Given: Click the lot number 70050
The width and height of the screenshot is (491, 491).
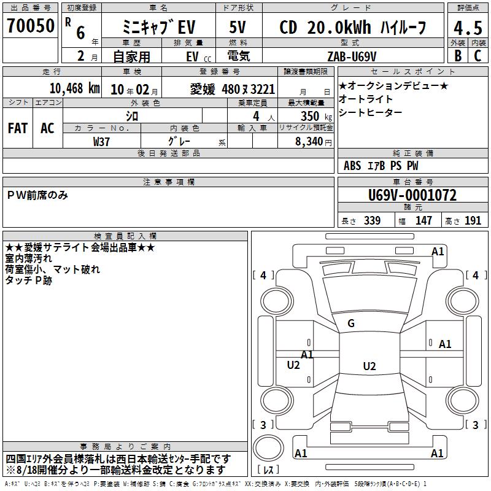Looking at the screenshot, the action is click(30, 26).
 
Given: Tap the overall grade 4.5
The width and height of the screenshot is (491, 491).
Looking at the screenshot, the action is click(468, 28).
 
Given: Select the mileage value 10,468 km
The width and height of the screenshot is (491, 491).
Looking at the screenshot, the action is click(74, 88).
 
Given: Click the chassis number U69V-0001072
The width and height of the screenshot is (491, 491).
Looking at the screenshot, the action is click(412, 195).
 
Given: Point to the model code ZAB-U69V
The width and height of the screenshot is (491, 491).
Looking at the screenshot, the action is click(352, 56).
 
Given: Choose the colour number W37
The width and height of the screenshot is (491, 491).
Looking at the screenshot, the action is click(101, 142).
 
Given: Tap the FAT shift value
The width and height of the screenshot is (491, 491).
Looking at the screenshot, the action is click(18, 128).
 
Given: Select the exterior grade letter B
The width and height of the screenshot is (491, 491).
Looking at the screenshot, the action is click(458, 56).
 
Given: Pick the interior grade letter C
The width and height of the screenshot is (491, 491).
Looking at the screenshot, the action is click(478, 56).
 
